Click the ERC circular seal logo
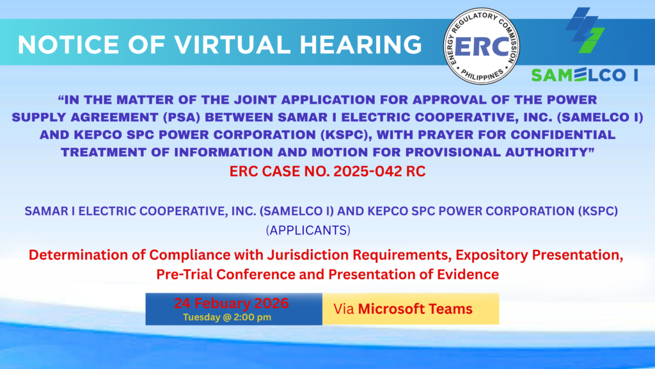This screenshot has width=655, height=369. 481,46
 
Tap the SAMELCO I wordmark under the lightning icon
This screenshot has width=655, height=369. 585,76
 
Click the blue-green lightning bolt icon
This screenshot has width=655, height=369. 585,30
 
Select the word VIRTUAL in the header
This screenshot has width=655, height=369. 232,44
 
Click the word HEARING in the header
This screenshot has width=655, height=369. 361,44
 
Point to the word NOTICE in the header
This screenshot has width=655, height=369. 68,44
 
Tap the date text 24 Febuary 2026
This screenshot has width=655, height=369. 232,303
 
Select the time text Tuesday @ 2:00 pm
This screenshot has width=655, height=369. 227,317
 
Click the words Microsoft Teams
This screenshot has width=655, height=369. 415,309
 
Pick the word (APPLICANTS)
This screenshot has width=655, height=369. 308,231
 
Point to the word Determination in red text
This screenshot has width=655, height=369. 87,255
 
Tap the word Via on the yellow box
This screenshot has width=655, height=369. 343,309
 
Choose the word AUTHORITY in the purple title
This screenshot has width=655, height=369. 549,152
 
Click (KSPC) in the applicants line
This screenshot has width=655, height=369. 598,211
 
